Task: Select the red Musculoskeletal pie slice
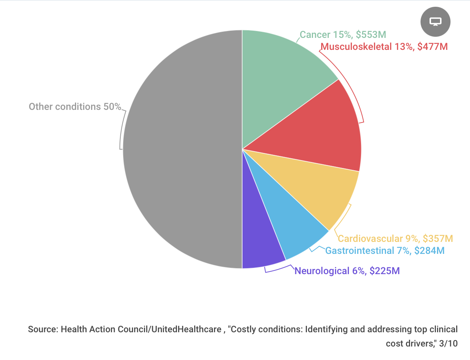322,131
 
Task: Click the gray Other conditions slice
180,150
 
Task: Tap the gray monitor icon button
435,22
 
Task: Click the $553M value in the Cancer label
371,35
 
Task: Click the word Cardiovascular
370,239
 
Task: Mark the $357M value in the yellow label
438,239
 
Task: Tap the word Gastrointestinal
359,251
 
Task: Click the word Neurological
322,271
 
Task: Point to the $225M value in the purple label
385,271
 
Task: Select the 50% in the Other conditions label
112,107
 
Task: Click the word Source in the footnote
43,330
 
